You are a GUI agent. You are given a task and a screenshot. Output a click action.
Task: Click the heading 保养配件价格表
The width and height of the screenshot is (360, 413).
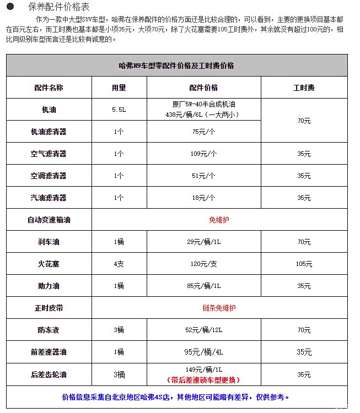58,7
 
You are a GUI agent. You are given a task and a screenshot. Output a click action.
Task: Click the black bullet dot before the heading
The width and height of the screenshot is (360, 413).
9,7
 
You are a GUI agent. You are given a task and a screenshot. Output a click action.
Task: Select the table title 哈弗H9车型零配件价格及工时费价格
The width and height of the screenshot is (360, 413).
176,66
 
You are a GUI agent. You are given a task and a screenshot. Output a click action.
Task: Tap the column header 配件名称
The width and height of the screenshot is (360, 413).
49,88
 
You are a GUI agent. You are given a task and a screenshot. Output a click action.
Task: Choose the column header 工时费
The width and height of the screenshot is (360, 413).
304,88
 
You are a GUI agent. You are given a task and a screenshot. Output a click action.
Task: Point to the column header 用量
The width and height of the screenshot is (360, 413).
119,88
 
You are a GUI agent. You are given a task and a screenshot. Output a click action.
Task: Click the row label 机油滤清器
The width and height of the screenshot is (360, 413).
49,132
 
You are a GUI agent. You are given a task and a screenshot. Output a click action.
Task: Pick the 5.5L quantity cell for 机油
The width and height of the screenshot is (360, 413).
119,110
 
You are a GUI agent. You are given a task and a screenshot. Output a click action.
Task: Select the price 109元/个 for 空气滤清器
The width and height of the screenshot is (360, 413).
203,154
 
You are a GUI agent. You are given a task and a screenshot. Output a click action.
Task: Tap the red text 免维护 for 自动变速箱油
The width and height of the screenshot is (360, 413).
219,220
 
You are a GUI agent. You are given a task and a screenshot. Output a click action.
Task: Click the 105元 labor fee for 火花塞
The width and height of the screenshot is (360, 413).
304,264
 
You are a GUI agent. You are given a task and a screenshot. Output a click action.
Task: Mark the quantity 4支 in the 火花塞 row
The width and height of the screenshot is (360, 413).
119,264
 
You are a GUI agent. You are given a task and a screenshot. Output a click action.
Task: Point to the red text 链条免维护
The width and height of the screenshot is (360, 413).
219,308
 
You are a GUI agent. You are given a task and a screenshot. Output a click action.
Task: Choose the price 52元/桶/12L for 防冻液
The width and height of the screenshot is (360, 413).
203,330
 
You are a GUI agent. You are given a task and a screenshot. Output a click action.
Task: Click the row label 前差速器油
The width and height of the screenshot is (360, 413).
49,352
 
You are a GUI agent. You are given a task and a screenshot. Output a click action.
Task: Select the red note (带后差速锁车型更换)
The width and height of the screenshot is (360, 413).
203,380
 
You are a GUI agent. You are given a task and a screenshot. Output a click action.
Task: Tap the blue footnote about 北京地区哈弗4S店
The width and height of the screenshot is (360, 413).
176,397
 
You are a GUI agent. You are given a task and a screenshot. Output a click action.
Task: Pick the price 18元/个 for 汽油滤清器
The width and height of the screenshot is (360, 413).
203,198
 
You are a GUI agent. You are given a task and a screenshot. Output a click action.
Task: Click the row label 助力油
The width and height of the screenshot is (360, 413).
49,286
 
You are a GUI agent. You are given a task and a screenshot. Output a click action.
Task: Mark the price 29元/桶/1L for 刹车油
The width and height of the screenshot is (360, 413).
203,242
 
